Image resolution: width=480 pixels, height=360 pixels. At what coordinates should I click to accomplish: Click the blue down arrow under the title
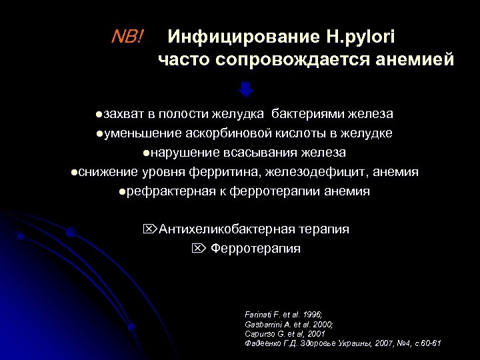[x=246, y=90]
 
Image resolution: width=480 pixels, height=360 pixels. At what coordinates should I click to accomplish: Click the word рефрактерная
[x=168, y=191]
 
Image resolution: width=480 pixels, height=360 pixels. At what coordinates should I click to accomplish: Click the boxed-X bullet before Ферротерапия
[x=197, y=249]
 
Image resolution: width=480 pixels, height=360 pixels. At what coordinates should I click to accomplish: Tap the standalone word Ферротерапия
[x=255, y=249]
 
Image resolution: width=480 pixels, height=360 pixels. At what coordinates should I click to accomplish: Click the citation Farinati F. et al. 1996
[x=284, y=314]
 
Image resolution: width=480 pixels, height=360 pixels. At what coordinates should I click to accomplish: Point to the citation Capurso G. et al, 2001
[x=285, y=333]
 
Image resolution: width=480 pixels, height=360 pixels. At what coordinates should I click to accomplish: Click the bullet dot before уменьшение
[x=99, y=133]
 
